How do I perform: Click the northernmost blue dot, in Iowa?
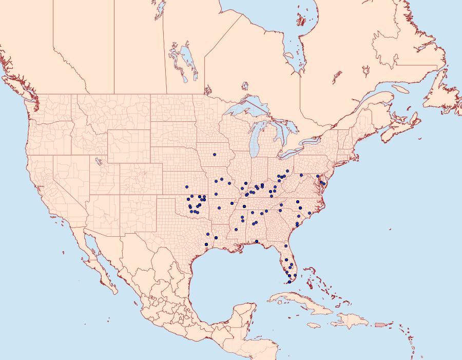click(x=215, y=155)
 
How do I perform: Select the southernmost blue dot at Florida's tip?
click(x=290, y=282)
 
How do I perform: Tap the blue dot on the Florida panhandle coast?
click(x=257, y=241)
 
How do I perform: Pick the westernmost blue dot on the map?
click(x=187, y=187)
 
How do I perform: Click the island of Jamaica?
click(x=314, y=325)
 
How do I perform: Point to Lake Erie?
click(x=291, y=153)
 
